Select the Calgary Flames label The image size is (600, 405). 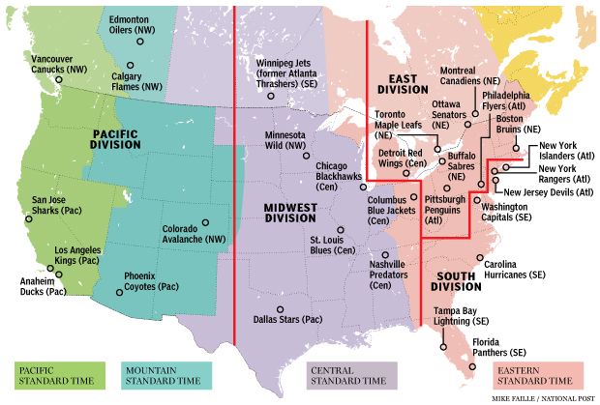[138, 80]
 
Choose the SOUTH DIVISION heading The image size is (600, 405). [456, 279]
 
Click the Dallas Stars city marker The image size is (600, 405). [280, 309]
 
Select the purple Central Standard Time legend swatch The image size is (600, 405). [323, 373]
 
